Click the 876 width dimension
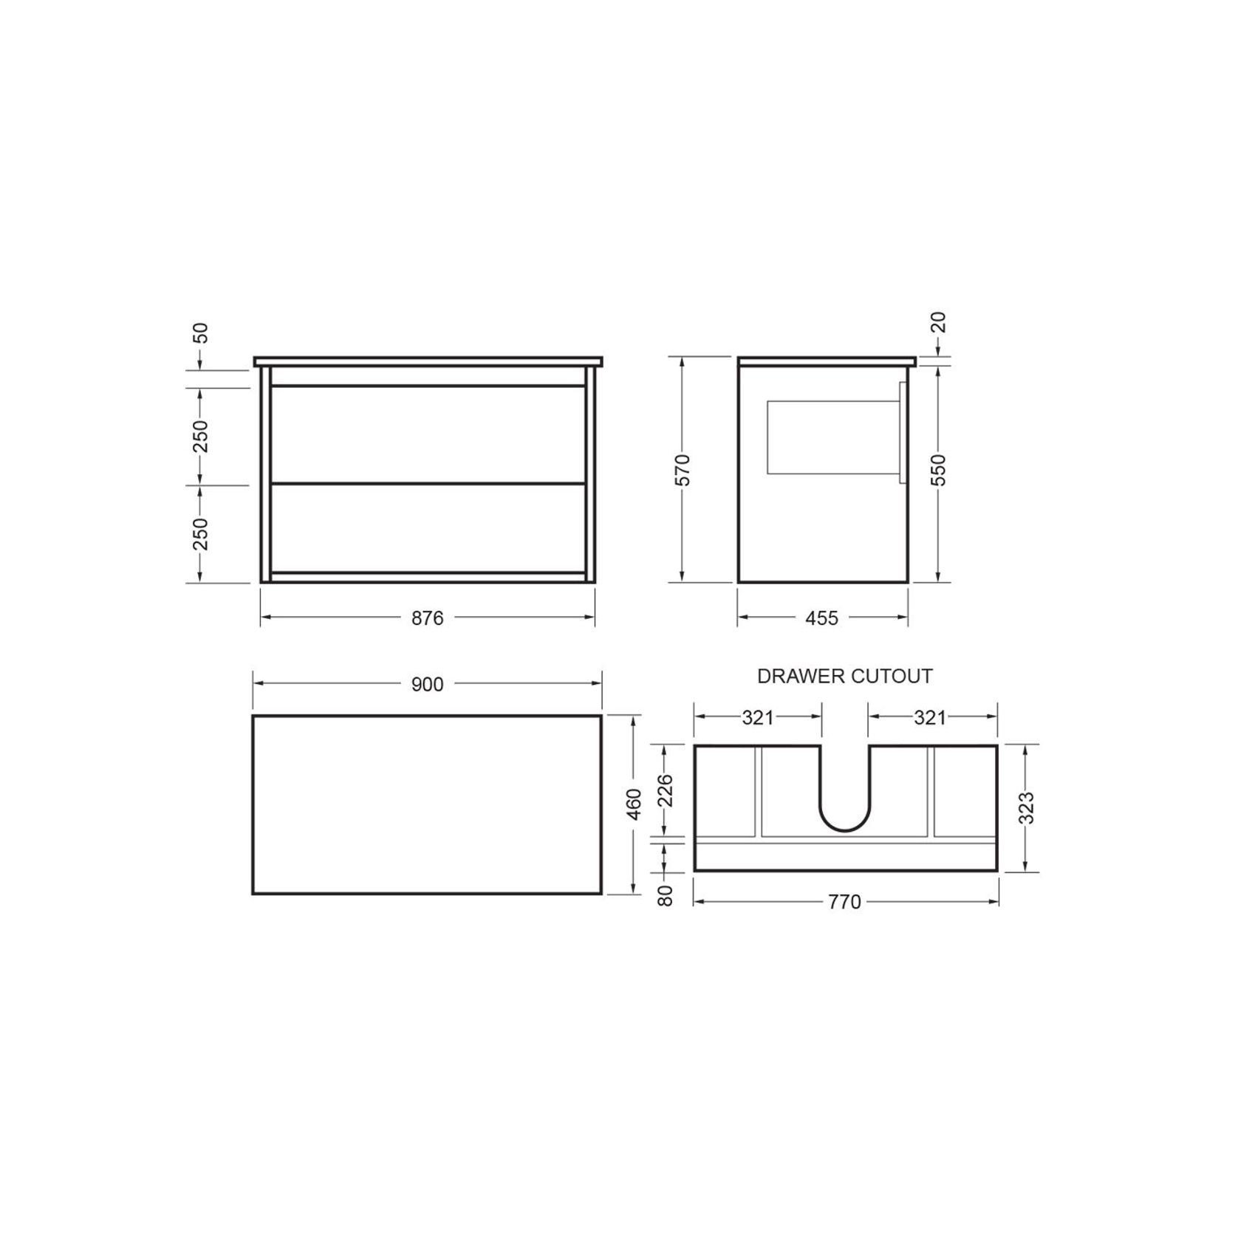point(427,618)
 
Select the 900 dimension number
point(427,684)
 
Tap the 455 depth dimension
point(822,618)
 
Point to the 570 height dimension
point(683,470)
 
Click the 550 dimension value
point(938,470)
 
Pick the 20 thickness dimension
point(938,323)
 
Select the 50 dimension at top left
point(200,333)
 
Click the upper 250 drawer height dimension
point(200,436)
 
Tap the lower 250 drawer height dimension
point(200,533)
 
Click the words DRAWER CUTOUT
point(845,676)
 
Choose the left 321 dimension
point(758,717)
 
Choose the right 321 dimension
point(930,717)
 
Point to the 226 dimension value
point(666,791)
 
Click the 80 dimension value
point(666,896)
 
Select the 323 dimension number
point(1026,808)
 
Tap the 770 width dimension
point(845,902)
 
